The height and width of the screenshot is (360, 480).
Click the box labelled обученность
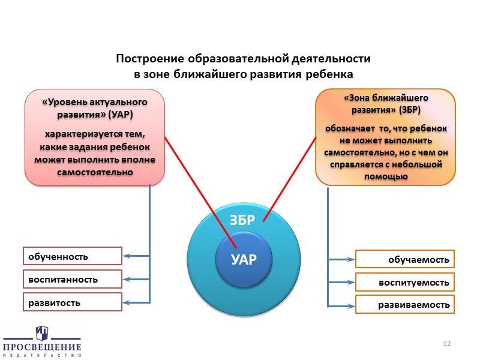[72, 256]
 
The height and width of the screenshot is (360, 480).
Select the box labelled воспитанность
[72, 280]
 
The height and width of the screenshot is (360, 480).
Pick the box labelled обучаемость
[406, 259]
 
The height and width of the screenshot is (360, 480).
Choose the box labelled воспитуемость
[406, 282]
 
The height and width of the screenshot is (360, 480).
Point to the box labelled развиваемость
[406, 304]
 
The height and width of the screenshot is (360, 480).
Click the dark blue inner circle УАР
[244, 260]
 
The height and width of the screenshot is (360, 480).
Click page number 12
[446, 343]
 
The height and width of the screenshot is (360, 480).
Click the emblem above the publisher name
[42, 332]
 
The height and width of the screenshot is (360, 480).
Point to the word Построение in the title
[150, 59]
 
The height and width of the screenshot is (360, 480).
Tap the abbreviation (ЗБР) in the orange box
[407, 110]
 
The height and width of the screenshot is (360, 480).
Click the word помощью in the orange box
[386, 177]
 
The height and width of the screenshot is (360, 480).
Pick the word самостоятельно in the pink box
[94, 173]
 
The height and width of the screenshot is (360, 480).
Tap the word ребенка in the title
[327, 74]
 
